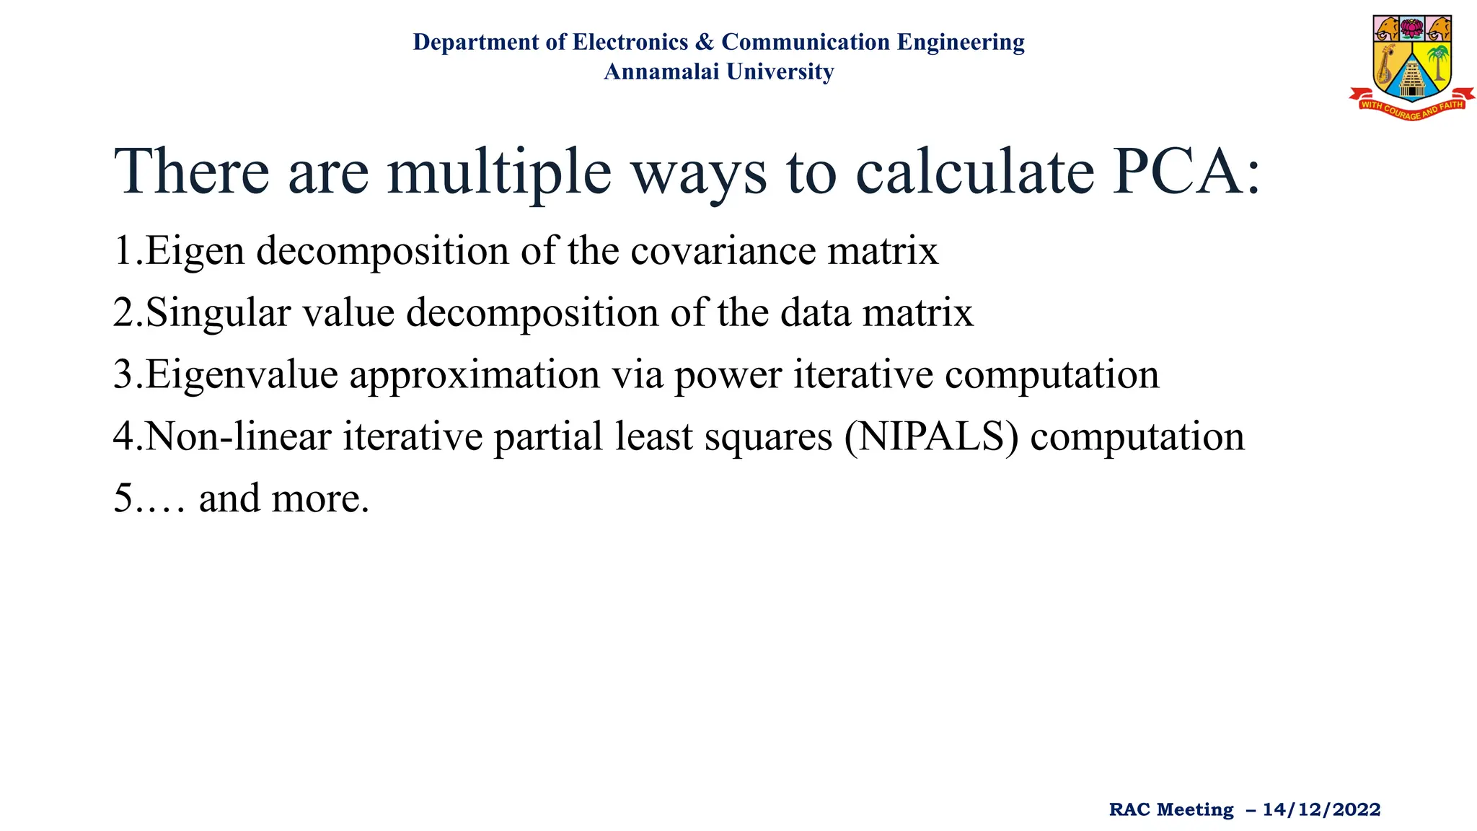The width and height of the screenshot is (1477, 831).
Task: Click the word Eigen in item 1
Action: point(195,252)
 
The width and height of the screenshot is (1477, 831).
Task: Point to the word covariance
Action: point(723,251)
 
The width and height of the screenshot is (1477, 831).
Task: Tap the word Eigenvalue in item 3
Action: point(242,376)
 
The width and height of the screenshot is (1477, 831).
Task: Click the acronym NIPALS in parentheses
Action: point(931,437)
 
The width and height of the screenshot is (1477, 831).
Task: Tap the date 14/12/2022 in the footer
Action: point(1321,809)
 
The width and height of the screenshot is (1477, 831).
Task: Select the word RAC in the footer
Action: point(1129,809)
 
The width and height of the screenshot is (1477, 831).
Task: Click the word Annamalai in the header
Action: point(661,71)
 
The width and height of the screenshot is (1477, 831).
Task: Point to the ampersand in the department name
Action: point(705,42)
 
